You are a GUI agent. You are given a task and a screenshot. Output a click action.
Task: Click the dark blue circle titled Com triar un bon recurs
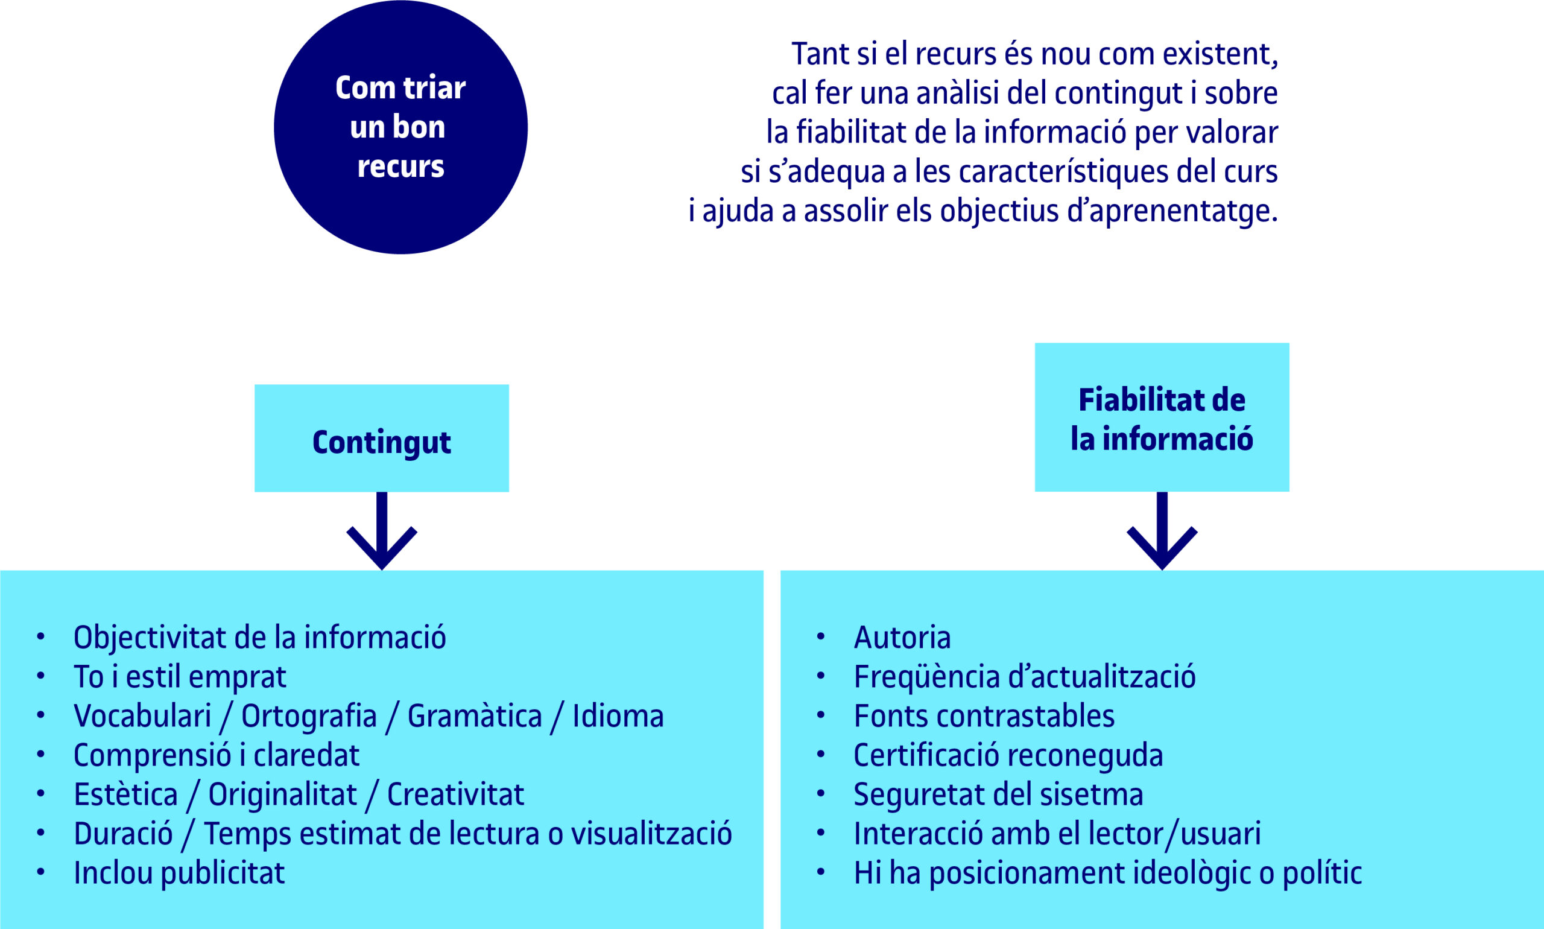click(x=400, y=128)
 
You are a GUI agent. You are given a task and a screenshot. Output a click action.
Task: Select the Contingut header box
click(x=382, y=438)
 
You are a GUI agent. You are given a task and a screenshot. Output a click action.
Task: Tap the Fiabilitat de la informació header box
click(x=1162, y=417)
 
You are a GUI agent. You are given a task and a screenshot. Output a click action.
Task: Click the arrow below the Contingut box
click(x=382, y=530)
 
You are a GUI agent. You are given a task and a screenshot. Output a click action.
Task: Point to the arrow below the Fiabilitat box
click(x=1162, y=530)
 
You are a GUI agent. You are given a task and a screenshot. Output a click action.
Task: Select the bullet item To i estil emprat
click(x=180, y=677)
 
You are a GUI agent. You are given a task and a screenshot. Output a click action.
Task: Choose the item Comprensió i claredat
click(x=217, y=756)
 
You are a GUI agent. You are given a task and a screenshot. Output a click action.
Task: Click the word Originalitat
click(x=282, y=795)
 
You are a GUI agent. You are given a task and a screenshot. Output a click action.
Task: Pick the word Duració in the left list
click(x=123, y=834)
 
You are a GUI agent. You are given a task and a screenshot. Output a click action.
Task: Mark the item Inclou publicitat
click(x=180, y=874)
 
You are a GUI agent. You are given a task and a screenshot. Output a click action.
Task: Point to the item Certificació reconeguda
click(x=1008, y=756)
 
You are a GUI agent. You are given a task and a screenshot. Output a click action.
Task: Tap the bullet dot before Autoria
click(x=820, y=637)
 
